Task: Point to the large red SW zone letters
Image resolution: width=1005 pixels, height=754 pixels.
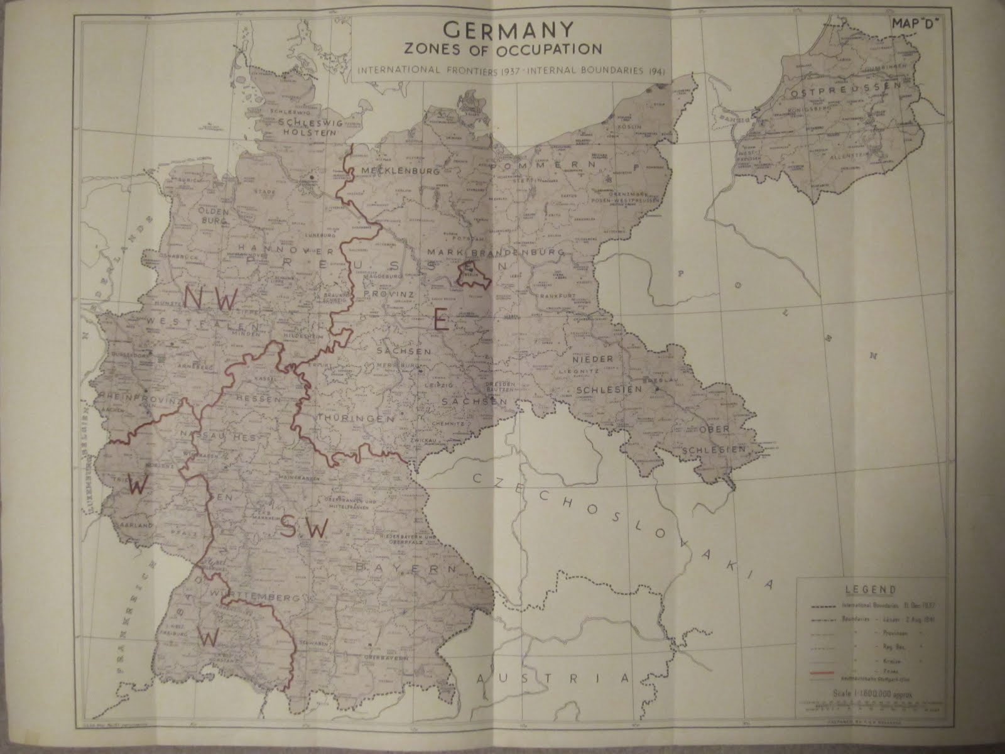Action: click(x=304, y=528)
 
